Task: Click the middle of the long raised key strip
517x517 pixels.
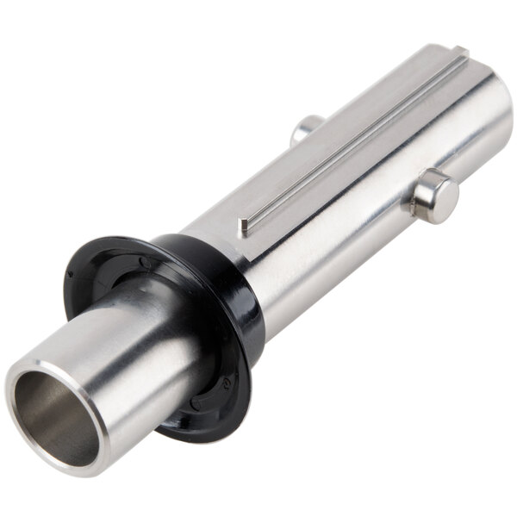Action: point(353,138)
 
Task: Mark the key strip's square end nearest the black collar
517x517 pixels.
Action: point(245,225)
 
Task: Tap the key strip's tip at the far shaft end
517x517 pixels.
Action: point(460,53)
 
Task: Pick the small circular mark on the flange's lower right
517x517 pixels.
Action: point(226,379)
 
